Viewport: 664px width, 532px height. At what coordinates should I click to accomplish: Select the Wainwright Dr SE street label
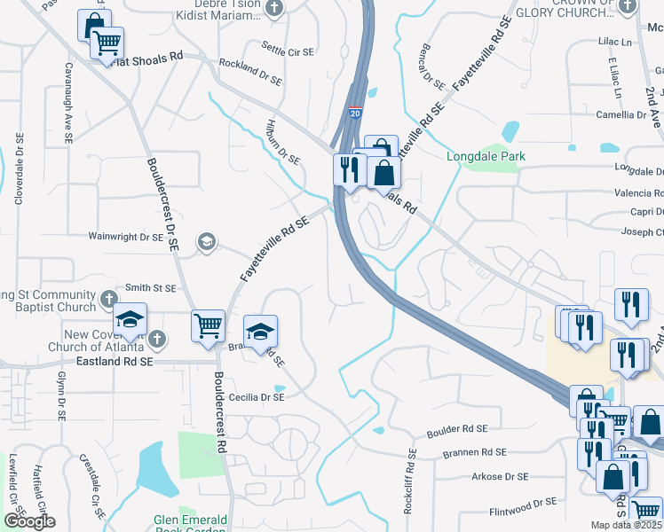pos(125,237)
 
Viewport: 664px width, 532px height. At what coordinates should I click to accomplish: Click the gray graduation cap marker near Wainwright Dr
pos(206,242)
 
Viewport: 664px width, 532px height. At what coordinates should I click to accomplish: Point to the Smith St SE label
pos(152,287)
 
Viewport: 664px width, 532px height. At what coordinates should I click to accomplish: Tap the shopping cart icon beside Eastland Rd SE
pos(208,325)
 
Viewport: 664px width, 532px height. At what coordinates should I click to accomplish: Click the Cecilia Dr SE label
pos(256,398)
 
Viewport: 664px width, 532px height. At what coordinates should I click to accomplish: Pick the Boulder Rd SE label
pos(457,429)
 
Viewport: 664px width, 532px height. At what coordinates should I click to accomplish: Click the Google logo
pos(28,521)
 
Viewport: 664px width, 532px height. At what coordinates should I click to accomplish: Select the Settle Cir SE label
pos(288,52)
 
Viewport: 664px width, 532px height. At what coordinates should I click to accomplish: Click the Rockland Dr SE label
pos(250,70)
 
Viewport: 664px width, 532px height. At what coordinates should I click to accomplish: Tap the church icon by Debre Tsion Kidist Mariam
pos(274,8)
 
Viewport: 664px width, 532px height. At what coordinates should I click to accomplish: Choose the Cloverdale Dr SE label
pos(18,169)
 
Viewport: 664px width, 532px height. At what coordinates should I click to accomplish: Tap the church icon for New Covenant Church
pos(157,339)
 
